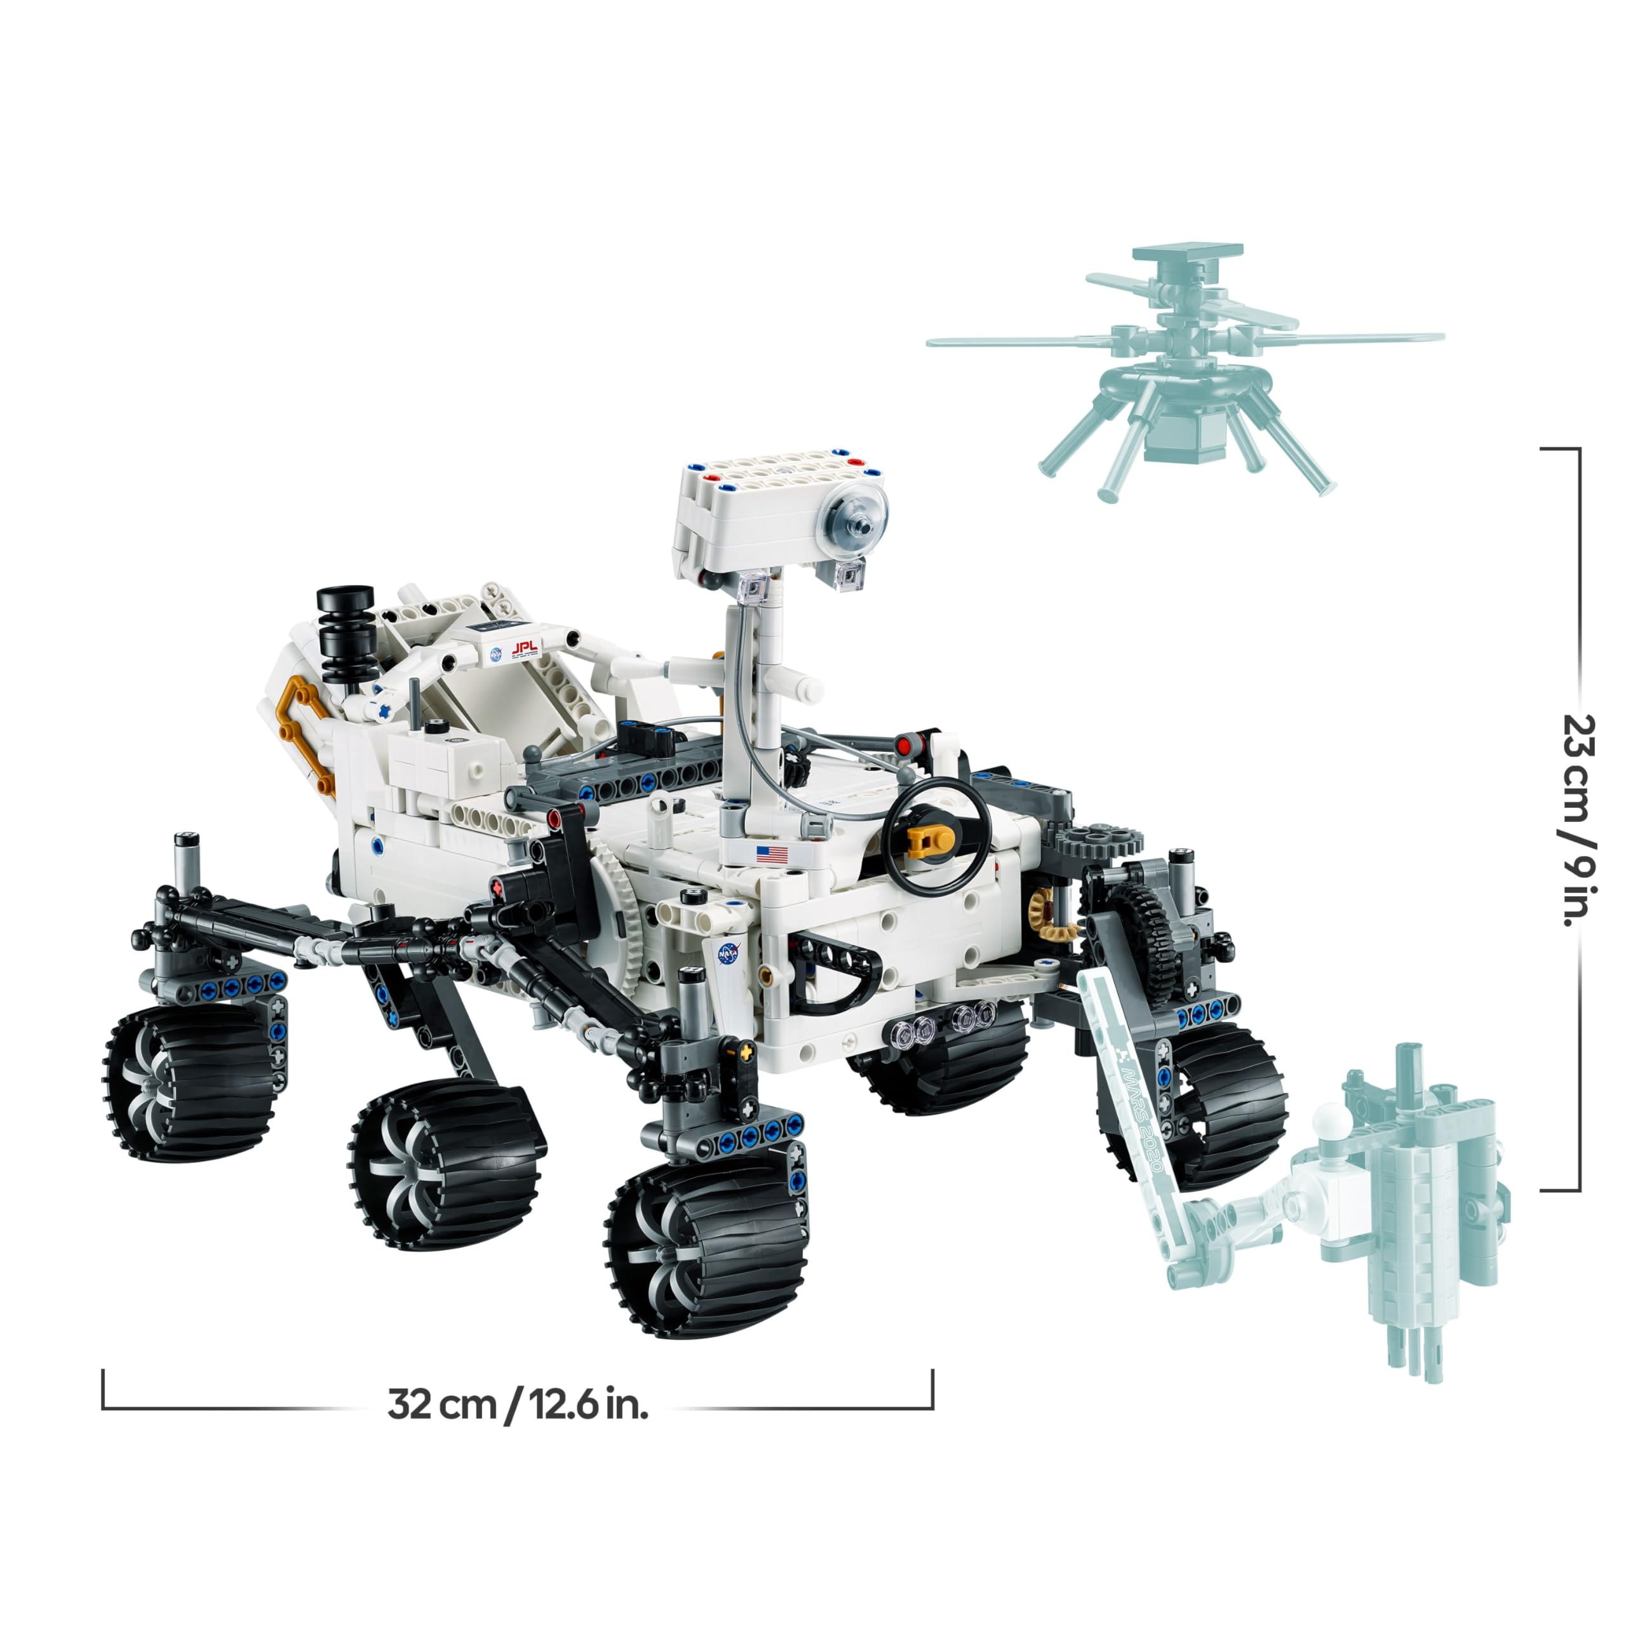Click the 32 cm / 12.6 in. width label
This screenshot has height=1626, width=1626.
tap(518, 1406)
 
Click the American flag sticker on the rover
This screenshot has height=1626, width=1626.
tap(772, 855)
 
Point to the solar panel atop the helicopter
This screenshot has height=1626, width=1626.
tap(1186, 253)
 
